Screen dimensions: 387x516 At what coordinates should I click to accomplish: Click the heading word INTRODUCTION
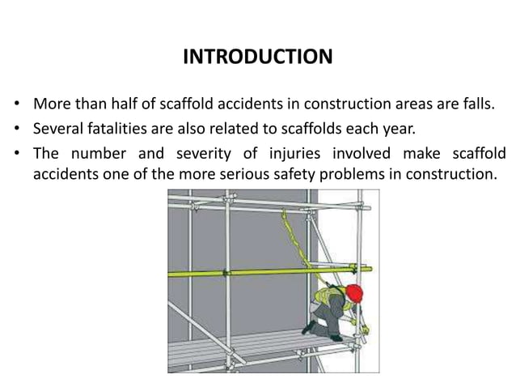click(257, 57)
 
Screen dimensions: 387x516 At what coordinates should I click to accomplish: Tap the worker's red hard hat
click(353, 292)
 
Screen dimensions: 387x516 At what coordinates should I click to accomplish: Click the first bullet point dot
click(17, 106)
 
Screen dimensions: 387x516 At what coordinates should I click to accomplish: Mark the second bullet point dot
click(17, 130)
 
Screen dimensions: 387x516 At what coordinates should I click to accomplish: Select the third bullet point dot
click(17, 152)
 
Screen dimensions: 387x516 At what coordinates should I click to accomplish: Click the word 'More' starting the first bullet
click(50, 105)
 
